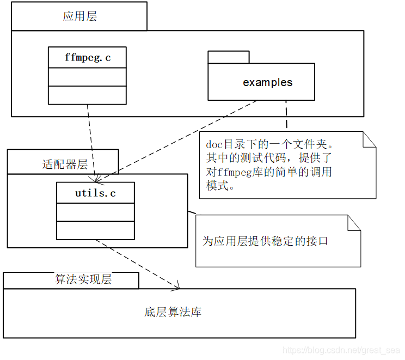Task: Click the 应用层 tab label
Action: point(79,16)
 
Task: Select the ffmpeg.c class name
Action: point(87,57)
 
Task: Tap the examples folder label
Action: point(267,83)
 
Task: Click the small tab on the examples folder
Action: point(228,57)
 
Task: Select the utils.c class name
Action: point(95,193)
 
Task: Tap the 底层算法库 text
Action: point(173,313)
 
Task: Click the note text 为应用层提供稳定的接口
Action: point(265,241)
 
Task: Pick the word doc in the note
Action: point(214,145)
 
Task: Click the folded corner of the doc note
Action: point(370,139)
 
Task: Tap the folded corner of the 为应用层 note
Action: point(354,222)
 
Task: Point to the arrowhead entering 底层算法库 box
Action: point(176,285)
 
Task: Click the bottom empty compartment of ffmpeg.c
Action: point(87,95)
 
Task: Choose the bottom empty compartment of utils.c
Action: point(95,230)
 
